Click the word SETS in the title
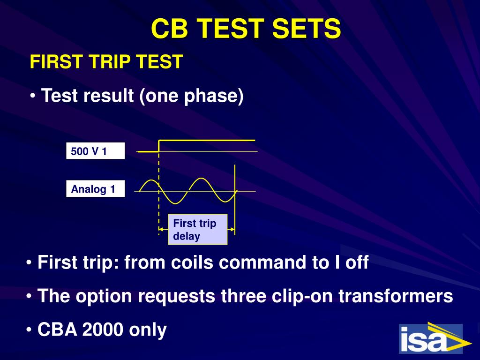(x=306, y=28)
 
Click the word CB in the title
(x=169, y=28)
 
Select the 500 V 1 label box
(x=96, y=150)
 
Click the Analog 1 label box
(x=96, y=188)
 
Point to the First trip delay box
(x=198, y=229)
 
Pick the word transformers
(x=396, y=296)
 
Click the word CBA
(x=57, y=330)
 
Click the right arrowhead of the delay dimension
(x=232, y=229)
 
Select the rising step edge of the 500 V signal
(x=159, y=146)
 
